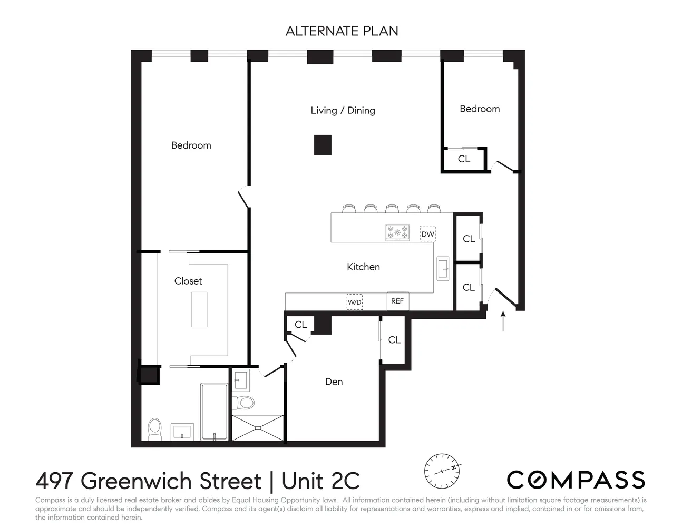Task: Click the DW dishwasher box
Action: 427,234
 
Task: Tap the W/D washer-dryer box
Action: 354,302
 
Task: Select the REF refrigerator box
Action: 397,301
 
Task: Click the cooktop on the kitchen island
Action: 397,232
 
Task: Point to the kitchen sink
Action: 442,268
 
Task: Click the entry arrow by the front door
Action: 503,320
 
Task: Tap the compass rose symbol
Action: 443,470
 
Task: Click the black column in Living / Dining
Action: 323,145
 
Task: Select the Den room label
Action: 334,382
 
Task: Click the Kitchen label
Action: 363,267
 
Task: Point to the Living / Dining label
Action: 343,110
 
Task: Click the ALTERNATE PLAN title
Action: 342,31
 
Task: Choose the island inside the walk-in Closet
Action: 199,309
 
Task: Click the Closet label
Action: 188,281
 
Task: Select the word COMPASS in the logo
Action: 576,480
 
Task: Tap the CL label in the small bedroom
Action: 464,159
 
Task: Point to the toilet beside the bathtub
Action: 154,429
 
